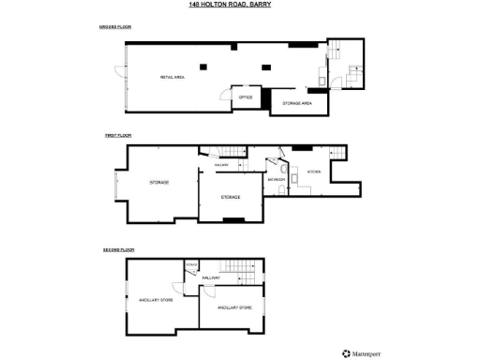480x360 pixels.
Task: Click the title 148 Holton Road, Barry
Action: click(x=239, y=5)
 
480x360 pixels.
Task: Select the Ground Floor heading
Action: click(x=115, y=27)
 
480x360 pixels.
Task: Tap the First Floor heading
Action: click(x=115, y=136)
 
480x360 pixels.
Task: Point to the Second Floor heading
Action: click(x=119, y=250)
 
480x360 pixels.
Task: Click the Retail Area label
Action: click(x=172, y=78)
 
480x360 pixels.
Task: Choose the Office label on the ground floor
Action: click(x=246, y=97)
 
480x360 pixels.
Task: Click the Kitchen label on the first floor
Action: click(x=315, y=172)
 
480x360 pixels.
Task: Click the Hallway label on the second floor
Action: click(x=211, y=278)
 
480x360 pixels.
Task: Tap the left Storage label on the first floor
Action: click(x=158, y=182)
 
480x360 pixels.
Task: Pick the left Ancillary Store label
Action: click(x=151, y=299)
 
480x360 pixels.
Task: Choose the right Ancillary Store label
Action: click(x=233, y=307)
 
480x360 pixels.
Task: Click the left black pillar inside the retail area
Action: click(x=225, y=66)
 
